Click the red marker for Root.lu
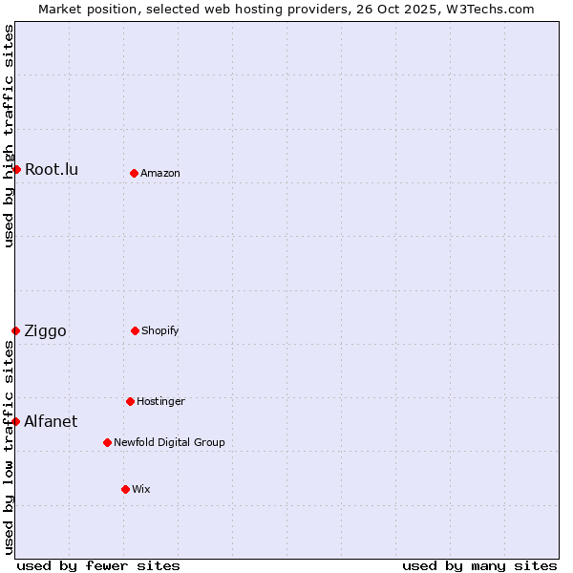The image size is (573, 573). [16, 169]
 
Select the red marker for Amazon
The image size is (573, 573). [134, 173]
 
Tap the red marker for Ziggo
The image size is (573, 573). [15, 330]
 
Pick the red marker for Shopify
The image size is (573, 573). [135, 330]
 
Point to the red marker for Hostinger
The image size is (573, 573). [130, 401]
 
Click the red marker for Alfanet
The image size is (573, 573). [15, 421]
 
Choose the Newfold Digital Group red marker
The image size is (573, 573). [107, 442]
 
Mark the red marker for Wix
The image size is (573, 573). [125, 489]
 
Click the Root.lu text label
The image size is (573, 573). [52, 169]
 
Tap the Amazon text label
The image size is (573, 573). [160, 173]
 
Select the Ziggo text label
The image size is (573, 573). [45, 330]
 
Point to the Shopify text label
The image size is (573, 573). [160, 330]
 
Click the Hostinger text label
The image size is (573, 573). [160, 401]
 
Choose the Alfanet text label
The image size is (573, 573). [51, 421]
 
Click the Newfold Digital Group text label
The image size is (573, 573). [169, 442]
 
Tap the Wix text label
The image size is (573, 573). [141, 489]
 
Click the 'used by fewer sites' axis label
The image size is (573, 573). [98, 565]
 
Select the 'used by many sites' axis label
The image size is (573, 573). [479, 565]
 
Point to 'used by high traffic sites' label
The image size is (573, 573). [9, 136]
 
